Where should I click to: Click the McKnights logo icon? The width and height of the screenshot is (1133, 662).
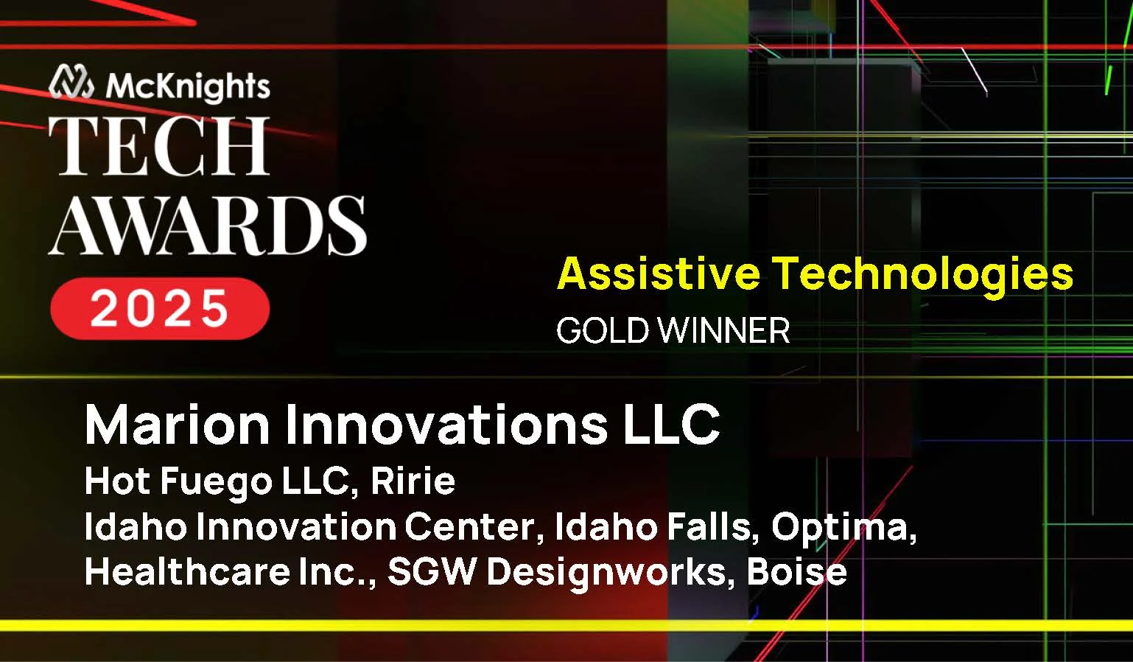[71, 82]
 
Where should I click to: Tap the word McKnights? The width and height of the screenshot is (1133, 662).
[188, 86]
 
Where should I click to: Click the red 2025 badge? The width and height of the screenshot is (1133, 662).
[160, 308]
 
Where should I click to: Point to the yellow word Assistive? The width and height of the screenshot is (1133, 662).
[658, 273]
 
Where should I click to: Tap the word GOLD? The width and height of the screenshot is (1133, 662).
[603, 330]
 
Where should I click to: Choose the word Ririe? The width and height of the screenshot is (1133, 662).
[413, 481]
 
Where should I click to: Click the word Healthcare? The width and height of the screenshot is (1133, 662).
[187, 571]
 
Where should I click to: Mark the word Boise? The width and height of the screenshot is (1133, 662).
[796, 571]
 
